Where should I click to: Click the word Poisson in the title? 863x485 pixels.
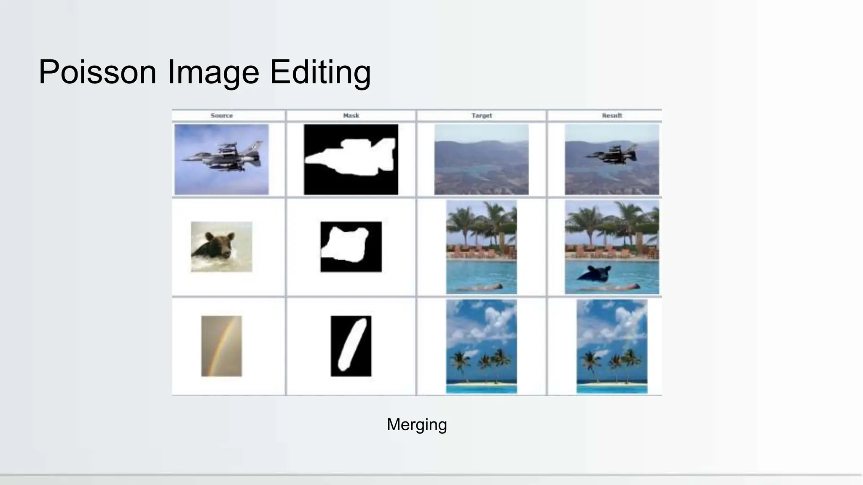coord(97,72)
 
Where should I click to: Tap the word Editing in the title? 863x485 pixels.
coord(320,72)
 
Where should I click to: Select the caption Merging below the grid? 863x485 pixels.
coord(416,424)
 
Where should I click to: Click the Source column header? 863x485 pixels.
coord(222,115)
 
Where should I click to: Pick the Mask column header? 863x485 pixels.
coord(351,115)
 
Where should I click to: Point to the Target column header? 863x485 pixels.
coord(482,115)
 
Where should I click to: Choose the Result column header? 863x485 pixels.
coord(612,115)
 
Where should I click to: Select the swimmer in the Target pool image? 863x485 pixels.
coord(480,287)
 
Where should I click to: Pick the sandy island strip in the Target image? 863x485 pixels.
coord(481,384)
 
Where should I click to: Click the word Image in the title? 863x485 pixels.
coord(213,72)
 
